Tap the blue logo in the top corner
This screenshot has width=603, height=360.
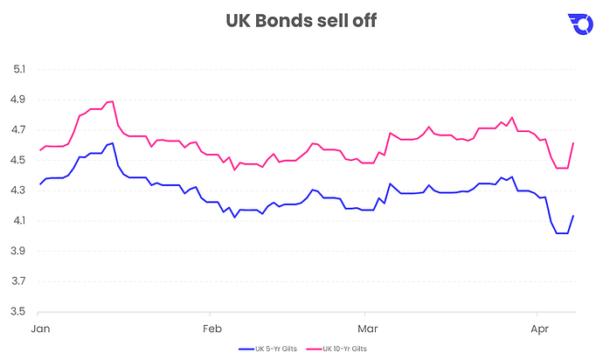pyautogui.click(x=580, y=24)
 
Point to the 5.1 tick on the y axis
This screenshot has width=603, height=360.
pyautogui.click(x=19, y=70)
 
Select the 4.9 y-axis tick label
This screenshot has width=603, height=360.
pyautogui.click(x=19, y=100)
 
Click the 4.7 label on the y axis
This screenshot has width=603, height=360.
pyautogui.click(x=19, y=130)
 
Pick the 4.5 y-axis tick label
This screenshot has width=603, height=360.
pyautogui.click(x=19, y=160)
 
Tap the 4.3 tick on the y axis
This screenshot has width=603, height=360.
pyautogui.click(x=19, y=190)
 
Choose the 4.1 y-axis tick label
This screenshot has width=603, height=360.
pyautogui.click(x=19, y=220)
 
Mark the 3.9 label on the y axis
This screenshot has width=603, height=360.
pyautogui.click(x=19, y=251)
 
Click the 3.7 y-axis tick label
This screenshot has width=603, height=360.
pyautogui.click(x=19, y=280)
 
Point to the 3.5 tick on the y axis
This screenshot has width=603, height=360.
pyautogui.click(x=19, y=311)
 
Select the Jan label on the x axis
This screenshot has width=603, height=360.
pyautogui.click(x=39, y=329)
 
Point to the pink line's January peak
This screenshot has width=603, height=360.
pyautogui.click(x=112, y=101)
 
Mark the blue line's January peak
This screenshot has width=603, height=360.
pyautogui.click(x=112, y=143)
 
